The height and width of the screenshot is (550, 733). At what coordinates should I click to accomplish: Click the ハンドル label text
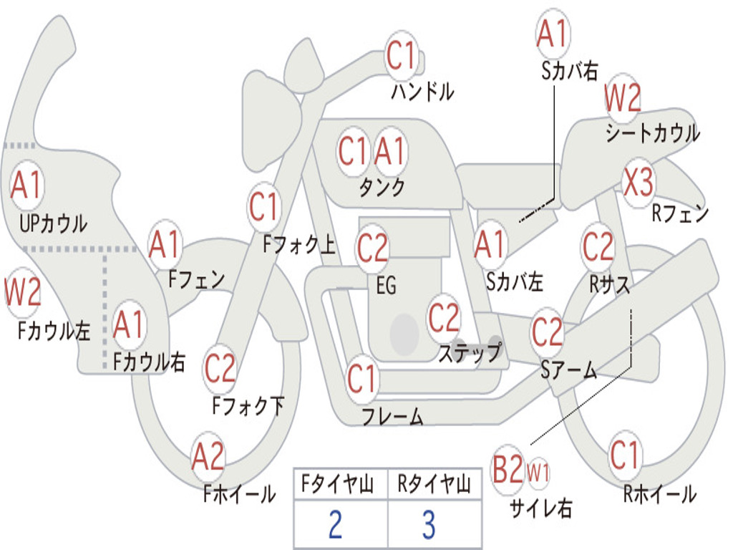[422, 92]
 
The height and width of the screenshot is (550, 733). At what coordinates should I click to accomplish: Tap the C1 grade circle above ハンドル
[402, 55]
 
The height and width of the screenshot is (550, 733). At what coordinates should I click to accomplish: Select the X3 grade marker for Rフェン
[638, 183]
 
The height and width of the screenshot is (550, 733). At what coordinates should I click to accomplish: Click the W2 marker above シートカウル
[622, 98]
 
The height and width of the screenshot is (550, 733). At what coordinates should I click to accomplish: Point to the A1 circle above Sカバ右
[552, 34]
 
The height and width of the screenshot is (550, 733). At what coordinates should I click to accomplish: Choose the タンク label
[382, 188]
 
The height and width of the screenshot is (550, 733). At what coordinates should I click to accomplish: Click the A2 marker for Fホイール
[208, 456]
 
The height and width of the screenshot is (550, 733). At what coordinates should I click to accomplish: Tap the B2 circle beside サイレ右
[508, 471]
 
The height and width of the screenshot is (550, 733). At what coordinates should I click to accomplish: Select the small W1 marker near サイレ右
[538, 472]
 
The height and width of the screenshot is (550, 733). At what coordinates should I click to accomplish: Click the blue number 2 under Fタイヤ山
[335, 525]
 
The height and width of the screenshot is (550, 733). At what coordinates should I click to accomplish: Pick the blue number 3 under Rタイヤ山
[429, 525]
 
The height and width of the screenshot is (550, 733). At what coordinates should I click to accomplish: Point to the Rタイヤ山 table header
[434, 486]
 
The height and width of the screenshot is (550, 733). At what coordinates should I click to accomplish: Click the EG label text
[385, 285]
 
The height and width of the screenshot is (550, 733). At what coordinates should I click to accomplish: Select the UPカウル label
[53, 223]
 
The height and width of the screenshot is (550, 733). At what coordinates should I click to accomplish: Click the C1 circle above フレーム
[362, 379]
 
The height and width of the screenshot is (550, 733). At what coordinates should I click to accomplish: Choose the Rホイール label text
[659, 493]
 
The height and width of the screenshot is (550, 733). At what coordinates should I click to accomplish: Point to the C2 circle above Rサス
[598, 247]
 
